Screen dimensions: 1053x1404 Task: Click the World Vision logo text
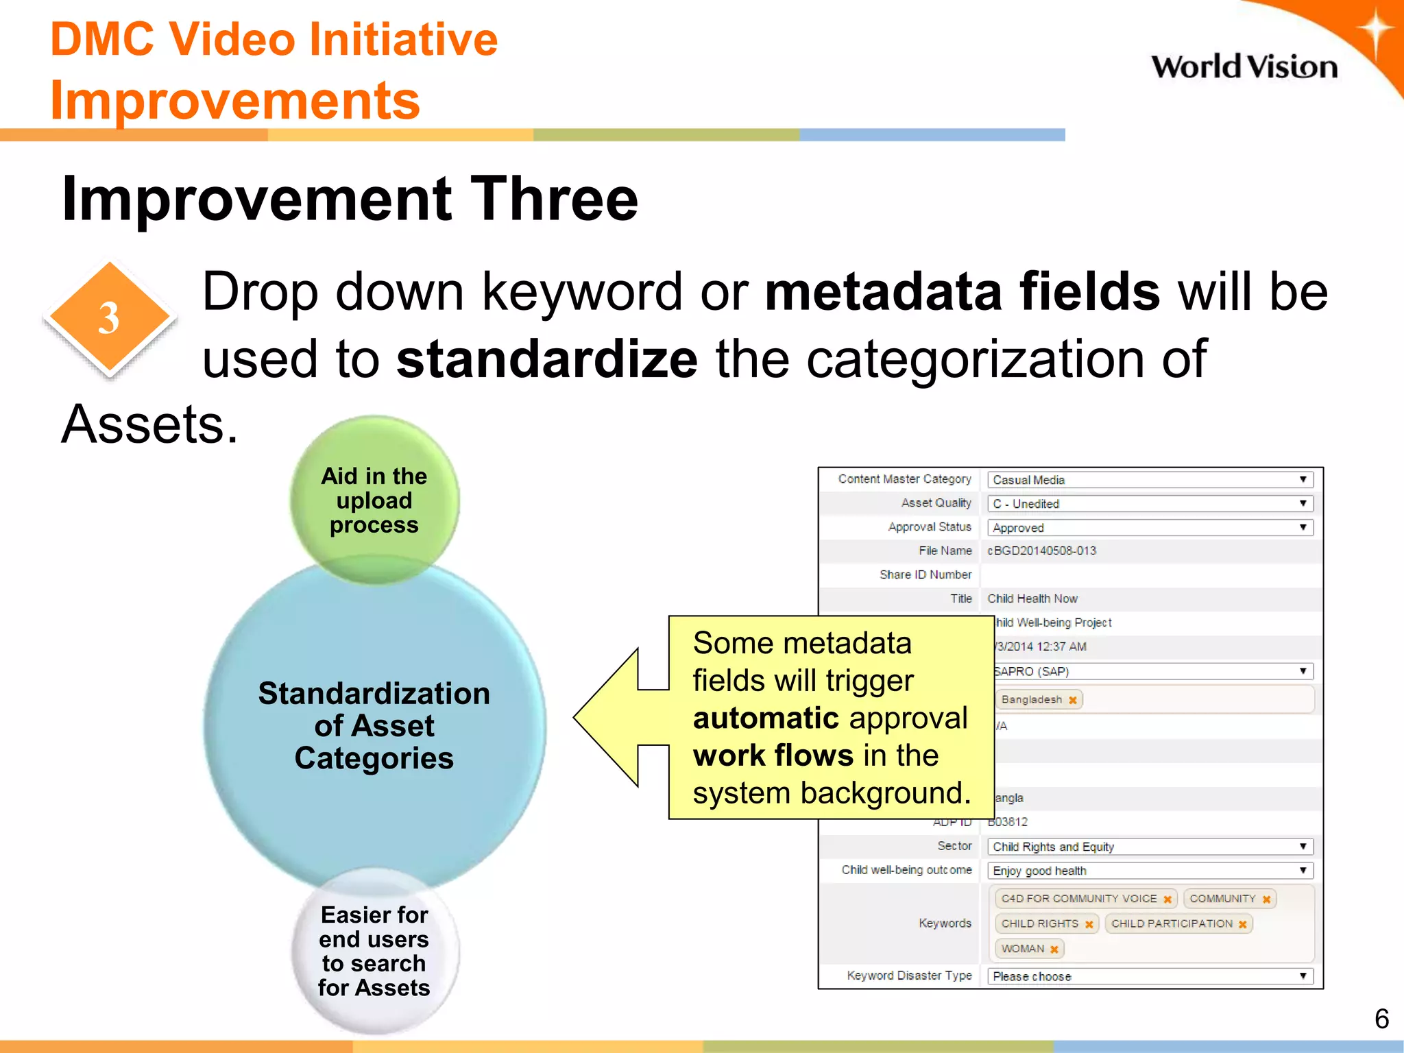pyautogui.click(x=1244, y=67)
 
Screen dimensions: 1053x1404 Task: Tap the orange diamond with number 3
pyautogui.click(x=110, y=318)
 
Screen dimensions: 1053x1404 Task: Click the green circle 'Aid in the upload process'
pyautogui.click(x=374, y=500)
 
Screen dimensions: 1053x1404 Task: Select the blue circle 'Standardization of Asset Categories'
pyautogui.click(x=374, y=725)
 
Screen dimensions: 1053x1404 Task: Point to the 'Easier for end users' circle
pyautogui.click(x=374, y=951)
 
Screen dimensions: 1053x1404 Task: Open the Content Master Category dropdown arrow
pyautogui.click(x=1303, y=480)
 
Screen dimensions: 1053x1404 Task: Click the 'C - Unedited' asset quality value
pyautogui.click(x=1035, y=504)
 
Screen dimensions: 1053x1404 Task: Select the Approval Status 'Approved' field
pyautogui.click(x=1149, y=528)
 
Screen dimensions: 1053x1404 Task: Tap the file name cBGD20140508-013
pyautogui.click(x=1041, y=551)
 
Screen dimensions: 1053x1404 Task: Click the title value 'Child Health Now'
pyautogui.click(x=1032, y=598)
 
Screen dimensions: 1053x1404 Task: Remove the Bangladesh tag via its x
pyautogui.click(x=1073, y=700)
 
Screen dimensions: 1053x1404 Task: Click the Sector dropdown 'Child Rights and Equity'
pyautogui.click(x=1149, y=847)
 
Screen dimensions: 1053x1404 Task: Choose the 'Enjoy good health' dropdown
pyautogui.click(x=1149, y=871)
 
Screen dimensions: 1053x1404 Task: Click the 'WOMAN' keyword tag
pyautogui.click(x=1022, y=949)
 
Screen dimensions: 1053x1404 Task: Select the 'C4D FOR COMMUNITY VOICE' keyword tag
pyautogui.click(x=1078, y=899)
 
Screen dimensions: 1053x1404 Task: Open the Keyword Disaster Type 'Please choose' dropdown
pyautogui.click(x=1149, y=976)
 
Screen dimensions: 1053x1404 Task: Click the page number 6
pyautogui.click(x=1381, y=1019)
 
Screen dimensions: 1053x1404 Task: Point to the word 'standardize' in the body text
pyautogui.click(x=546, y=359)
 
